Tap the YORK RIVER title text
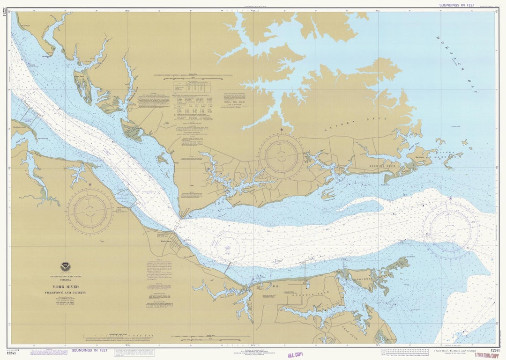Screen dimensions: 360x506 [x=66, y=287]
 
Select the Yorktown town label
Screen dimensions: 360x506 [x=166, y=242]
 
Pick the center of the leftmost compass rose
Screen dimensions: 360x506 [x=89, y=211]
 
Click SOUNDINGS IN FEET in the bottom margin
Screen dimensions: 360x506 [x=89, y=350]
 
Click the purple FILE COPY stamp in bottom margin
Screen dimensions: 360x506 [x=295, y=355]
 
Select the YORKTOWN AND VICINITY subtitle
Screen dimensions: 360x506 [x=66, y=293]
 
